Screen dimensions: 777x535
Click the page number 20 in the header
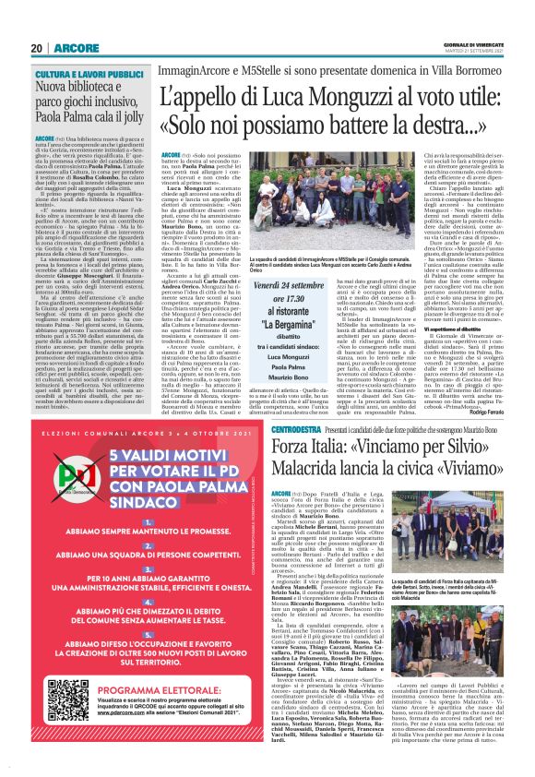tap(37, 48)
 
